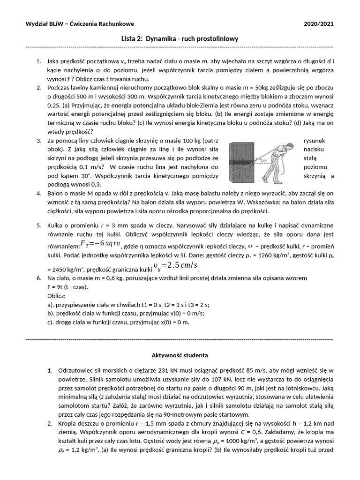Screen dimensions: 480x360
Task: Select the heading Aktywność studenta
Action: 180,355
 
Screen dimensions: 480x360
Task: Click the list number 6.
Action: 38,278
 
